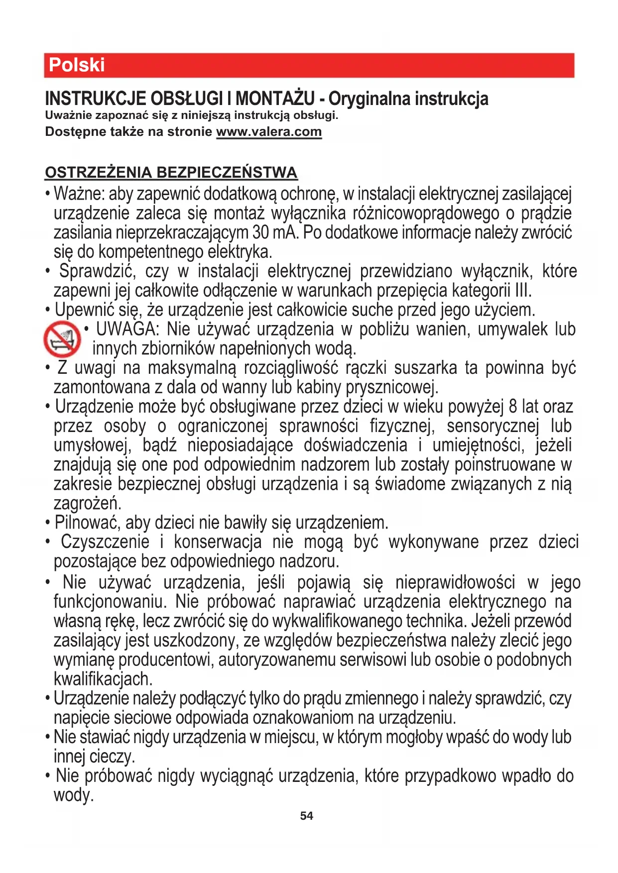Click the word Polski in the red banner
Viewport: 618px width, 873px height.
77,65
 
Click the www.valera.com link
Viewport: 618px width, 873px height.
269,132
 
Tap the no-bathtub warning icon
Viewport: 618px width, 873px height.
62,339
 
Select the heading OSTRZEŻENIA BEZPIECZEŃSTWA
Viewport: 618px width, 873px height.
171,173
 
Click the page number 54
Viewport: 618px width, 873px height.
307,816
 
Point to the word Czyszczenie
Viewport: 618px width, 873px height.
105,542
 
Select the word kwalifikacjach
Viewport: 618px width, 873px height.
103,679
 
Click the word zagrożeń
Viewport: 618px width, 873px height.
87,504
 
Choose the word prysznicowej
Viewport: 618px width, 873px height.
391,387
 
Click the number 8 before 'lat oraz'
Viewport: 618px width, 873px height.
513,407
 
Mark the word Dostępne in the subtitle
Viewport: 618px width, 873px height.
69,132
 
